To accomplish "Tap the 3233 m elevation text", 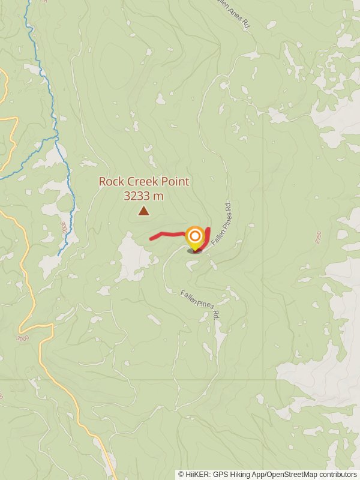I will point(143,196).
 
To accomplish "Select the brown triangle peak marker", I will point(143,211).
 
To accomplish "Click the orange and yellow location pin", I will point(194,238).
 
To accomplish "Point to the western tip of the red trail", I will point(151,239).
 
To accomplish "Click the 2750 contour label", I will point(319,236).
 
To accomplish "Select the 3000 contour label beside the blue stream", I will point(63,227).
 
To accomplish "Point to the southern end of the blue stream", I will point(59,255).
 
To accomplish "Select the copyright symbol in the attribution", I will point(181,474).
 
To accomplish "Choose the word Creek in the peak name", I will point(144,181).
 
